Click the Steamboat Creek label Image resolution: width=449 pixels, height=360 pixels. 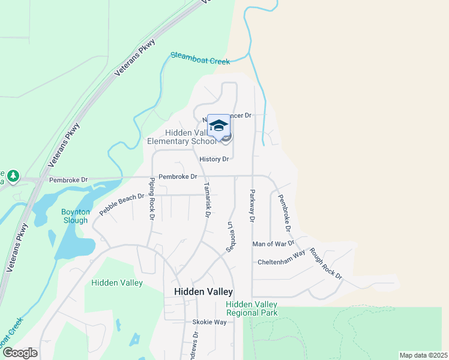[200, 58]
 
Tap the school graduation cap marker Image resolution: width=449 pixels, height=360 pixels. [218, 125]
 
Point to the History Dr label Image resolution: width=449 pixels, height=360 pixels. [214, 159]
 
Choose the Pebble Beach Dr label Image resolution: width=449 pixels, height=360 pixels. [122, 205]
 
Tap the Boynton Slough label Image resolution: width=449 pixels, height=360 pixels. [76, 215]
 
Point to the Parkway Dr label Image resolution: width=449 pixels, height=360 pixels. [252, 206]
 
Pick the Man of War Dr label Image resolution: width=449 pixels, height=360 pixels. [273, 244]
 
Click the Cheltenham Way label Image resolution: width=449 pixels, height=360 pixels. [282, 262]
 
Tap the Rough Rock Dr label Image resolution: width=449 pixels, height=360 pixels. [326, 263]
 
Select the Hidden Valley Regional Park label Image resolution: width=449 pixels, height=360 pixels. [252, 308]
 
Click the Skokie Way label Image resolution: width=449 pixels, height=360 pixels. [209, 322]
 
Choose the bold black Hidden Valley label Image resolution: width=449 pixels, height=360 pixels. [203, 292]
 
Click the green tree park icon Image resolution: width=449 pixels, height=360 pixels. [13, 176]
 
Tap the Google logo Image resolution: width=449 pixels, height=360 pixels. [20, 352]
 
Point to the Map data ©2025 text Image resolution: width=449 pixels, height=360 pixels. [423, 355]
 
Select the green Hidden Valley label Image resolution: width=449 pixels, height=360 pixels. [117, 283]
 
